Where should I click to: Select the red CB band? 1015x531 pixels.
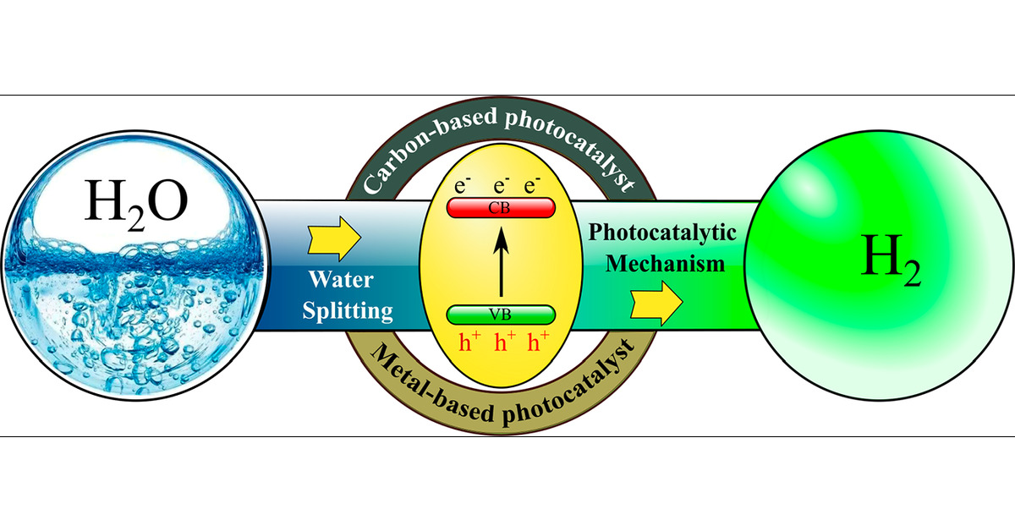(x=500, y=209)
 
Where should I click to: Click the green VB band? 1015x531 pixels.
(x=501, y=316)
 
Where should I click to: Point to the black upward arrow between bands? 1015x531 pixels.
(x=501, y=262)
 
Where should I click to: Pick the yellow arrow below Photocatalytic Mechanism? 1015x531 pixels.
(x=656, y=298)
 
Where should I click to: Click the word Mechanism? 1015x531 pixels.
(x=665, y=263)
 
